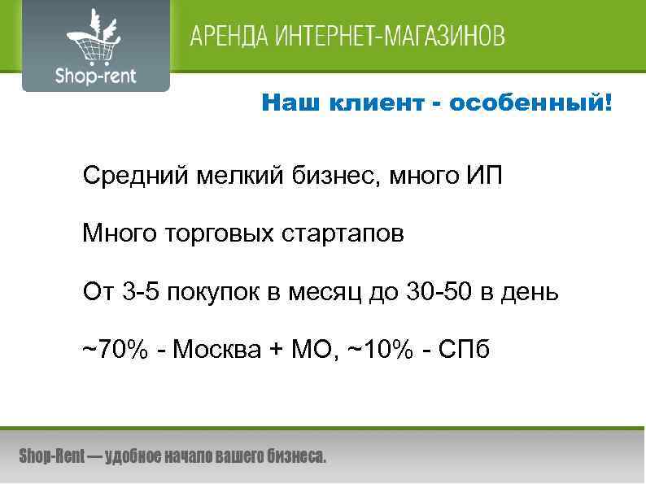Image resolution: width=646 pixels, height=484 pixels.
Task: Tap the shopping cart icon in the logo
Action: pyautogui.click(x=91, y=39)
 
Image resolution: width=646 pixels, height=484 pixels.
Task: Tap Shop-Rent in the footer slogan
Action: pyautogui.click(x=51, y=456)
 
